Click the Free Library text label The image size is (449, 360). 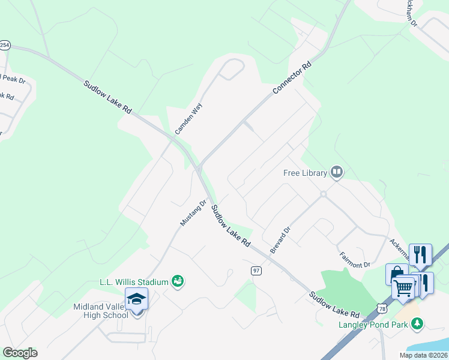click(x=306, y=173)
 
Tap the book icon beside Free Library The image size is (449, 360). click(x=336, y=173)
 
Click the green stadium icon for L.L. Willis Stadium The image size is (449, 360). click(x=177, y=281)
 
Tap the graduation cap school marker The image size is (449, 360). click(x=136, y=299)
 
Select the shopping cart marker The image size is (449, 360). click(x=403, y=288)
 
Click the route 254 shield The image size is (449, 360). click(x=5, y=45)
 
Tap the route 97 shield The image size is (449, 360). click(x=256, y=271)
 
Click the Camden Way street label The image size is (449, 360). click(x=189, y=118)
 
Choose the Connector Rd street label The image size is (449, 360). click(x=293, y=77)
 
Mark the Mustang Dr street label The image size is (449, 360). click(x=193, y=213)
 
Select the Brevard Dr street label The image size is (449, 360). click(x=280, y=239)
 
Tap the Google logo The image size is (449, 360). click(x=20, y=353)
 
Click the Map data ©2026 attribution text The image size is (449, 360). click(x=423, y=355)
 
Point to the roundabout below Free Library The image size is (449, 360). click(x=323, y=194)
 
